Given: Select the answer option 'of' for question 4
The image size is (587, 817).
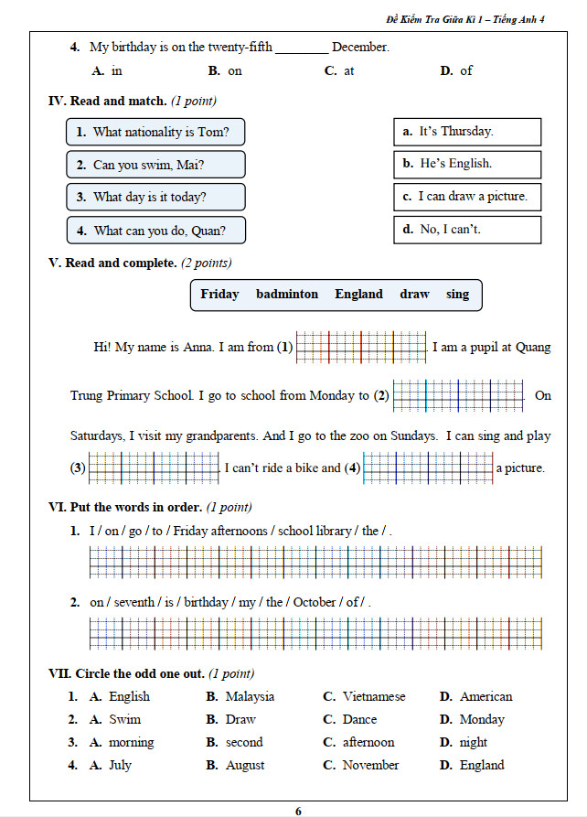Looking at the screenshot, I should tap(466, 70).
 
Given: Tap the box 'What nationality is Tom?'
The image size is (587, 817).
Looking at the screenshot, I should tap(155, 132).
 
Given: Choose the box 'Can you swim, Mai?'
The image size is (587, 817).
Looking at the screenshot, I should tap(155, 165).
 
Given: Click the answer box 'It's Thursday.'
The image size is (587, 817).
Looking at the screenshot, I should tap(466, 132).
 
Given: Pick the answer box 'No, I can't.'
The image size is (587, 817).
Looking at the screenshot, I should tap(466, 230).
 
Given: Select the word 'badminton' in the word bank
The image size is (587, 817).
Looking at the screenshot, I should tap(287, 295).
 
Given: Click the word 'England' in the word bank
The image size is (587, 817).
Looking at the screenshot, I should tap(358, 295).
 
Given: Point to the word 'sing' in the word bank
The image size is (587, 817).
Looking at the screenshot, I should tap(457, 295).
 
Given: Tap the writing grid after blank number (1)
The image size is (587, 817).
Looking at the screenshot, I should tap(361, 348).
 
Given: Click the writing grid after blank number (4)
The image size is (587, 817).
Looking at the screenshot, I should tap(428, 468).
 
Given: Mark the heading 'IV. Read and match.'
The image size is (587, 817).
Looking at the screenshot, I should tap(107, 101).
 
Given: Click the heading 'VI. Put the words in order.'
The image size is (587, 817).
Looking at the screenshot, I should tap(125, 507).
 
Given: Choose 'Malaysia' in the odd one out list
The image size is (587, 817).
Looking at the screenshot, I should tap(250, 697).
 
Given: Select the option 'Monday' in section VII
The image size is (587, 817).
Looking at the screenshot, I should tap(482, 720).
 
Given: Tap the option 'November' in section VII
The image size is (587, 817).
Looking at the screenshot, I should tap(370, 766).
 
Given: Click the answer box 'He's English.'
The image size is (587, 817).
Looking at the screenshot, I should tap(466, 164).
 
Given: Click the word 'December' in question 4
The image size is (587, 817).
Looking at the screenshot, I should tap(360, 47).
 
